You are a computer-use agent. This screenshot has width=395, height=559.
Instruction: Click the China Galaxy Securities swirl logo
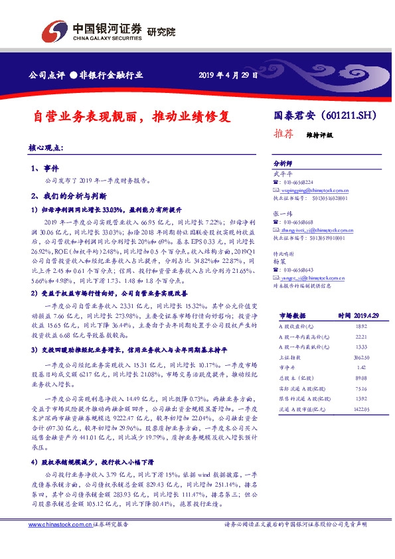(54, 31)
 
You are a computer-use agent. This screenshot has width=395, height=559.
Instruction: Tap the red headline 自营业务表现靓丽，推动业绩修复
(132, 117)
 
